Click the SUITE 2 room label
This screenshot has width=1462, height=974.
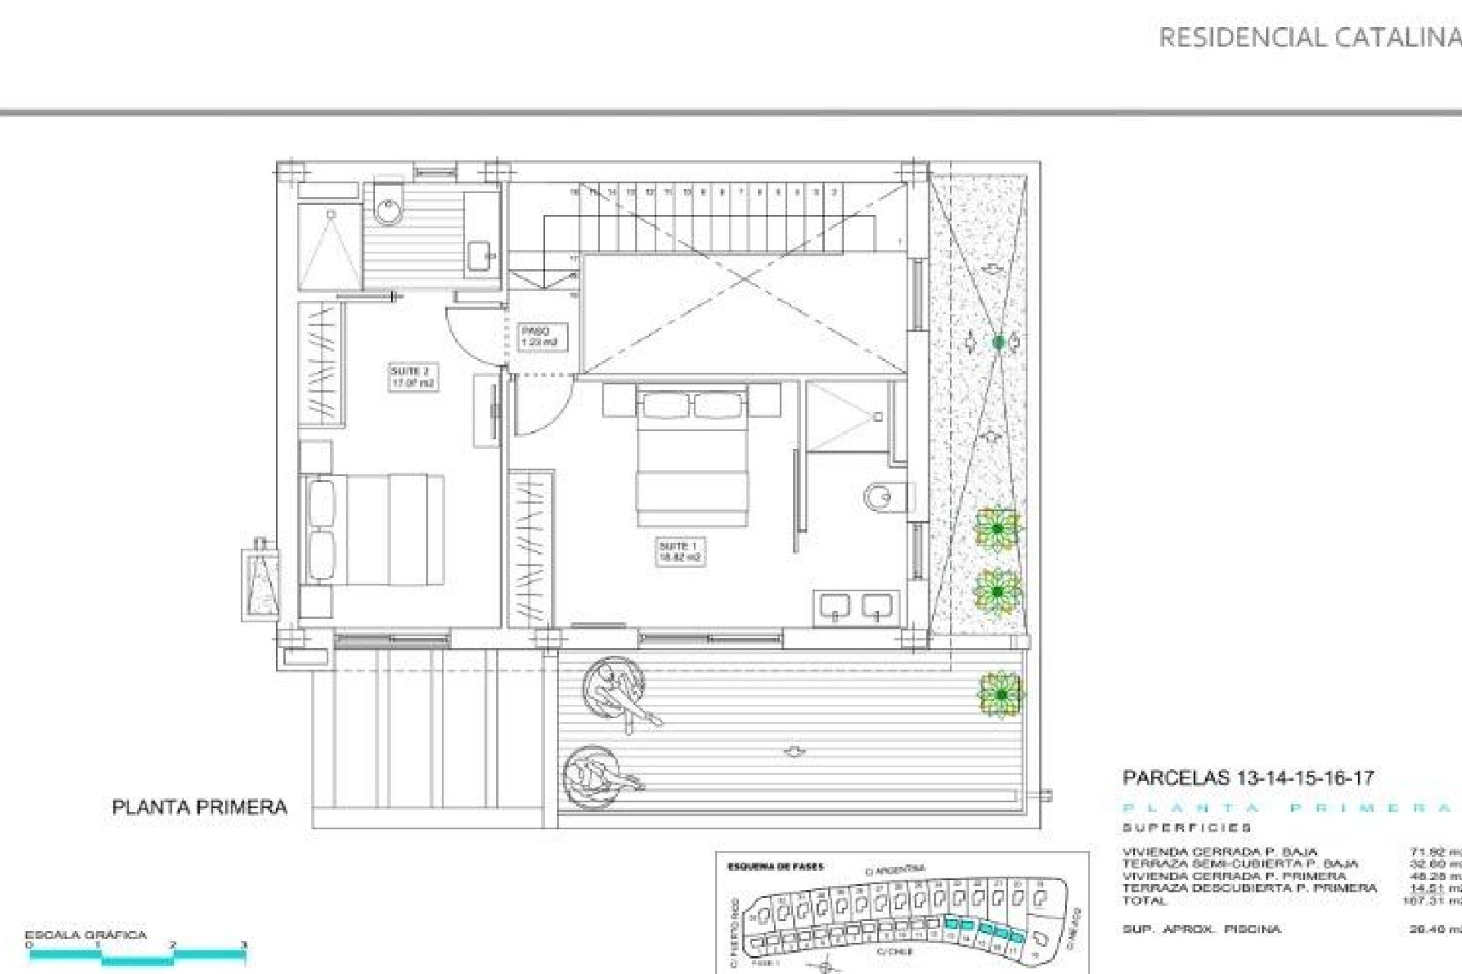click(412, 377)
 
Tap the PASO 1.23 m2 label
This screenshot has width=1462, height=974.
click(539, 337)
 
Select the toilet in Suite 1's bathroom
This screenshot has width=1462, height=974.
click(883, 498)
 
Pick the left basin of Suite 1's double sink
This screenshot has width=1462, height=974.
click(835, 606)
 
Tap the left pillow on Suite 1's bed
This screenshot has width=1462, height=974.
click(666, 405)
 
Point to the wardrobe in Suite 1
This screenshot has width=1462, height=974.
click(531, 548)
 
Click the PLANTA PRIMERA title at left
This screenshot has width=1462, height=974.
click(200, 807)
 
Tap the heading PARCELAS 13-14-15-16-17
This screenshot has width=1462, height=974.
click(1248, 778)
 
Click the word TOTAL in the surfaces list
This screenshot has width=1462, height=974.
click(1144, 900)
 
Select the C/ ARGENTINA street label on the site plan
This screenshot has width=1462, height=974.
click(895, 868)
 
